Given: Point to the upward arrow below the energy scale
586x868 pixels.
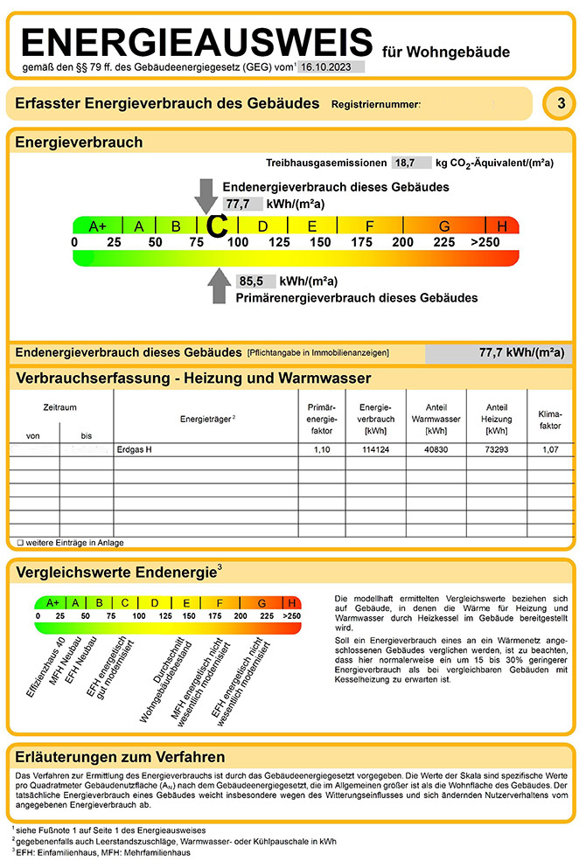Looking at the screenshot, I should [218, 287].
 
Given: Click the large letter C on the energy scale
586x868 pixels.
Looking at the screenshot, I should [217, 226].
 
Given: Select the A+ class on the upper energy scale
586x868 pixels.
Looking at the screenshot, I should [97, 226].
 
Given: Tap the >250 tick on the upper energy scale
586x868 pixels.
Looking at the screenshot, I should [485, 241].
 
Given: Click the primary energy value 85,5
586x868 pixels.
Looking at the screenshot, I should [251, 281].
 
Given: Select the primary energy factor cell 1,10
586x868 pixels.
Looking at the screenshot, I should [322, 449].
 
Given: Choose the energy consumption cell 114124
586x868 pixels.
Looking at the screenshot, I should [376, 449].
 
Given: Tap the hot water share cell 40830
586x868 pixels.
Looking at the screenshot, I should [436, 449].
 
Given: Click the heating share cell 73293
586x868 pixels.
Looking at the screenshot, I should [497, 449].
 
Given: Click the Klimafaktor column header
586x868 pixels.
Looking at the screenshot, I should [549, 416].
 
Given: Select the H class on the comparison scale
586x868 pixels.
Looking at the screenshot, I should [291, 602].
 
